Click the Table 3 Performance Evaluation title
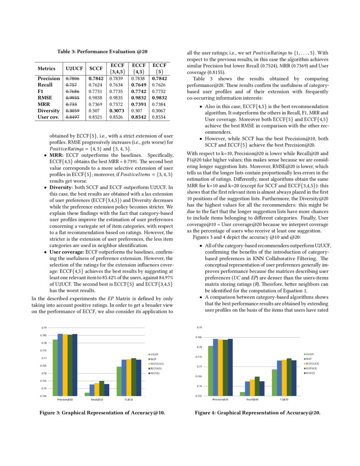(x=102, y=52)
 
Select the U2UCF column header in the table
(x=74, y=68)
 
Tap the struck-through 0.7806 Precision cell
(x=74, y=78)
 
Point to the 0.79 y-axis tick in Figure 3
(x=44, y=328)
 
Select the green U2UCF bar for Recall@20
(x=242, y=394)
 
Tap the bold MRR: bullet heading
(x=57, y=155)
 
